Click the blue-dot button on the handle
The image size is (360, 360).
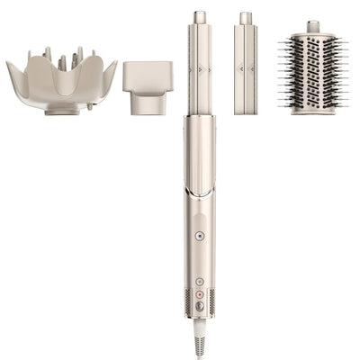click(x=199, y=236)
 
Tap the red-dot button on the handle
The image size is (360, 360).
click(x=199, y=293)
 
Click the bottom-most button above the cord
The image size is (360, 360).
click(x=199, y=306)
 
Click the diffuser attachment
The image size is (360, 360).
click(x=61, y=81)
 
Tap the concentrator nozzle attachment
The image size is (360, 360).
click(x=148, y=86)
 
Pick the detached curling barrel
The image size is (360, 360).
click(x=245, y=67)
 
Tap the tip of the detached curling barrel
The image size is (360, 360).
click(x=245, y=17)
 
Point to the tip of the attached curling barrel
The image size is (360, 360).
click(x=199, y=17)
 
